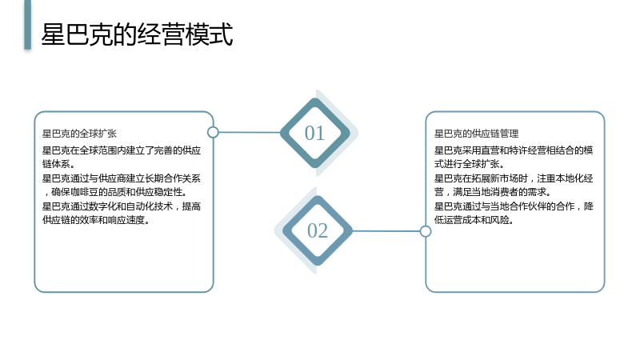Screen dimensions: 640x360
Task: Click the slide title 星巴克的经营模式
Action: coord(137,34)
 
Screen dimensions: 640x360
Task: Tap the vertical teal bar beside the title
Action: coord(27,25)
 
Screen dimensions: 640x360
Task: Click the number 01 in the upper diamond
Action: coord(314,133)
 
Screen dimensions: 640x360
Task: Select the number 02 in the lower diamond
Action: coord(318,230)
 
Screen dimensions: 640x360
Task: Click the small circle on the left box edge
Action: coord(213,132)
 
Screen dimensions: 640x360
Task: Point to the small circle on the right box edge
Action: coord(426,231)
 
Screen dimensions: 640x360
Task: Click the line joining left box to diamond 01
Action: coord(250,132)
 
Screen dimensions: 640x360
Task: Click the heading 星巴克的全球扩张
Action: coord(79,134)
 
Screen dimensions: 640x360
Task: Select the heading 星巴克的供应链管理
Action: coord(476,134)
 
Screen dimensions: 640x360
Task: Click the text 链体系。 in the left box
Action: coord(58,164)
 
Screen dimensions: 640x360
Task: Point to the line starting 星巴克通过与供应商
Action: coord(122,178)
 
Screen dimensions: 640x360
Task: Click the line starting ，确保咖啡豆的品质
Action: coord(115,192)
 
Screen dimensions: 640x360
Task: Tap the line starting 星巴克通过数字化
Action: coord(122,206)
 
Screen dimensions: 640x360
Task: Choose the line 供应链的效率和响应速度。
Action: coord(96,220)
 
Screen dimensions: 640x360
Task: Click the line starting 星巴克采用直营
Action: coord(514,150)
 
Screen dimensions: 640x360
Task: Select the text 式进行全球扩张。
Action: coord(470,164)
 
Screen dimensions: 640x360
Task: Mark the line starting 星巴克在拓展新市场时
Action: coord(514,178)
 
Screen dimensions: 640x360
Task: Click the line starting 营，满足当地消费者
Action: coord(493,192)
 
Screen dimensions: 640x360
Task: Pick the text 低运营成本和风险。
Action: coord(474,220)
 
